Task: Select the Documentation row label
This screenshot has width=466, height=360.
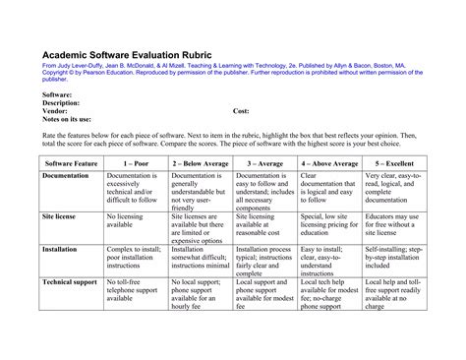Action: pyautogui.click(x=66, y=175)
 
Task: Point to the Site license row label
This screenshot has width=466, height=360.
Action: pyautogui.click(x=61, y=213)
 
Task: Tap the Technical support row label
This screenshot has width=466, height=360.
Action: pyautogui.click(x=71, y=281)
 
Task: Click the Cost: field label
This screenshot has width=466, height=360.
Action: pyautogui.click(x=242, y=112)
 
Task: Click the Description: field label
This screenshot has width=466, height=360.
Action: pyautogui.click(x=61, y=102)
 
